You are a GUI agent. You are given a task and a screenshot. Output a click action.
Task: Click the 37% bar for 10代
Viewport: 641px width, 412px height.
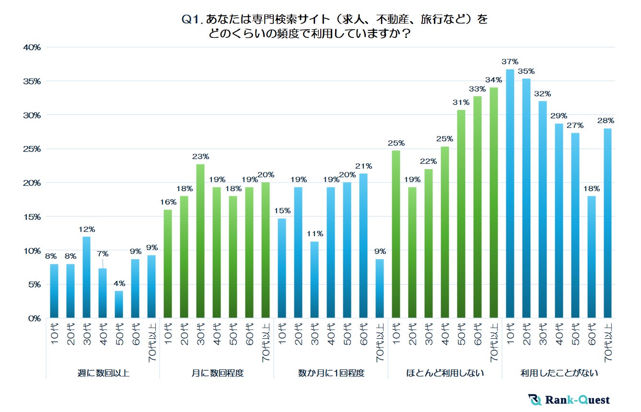[510, 194]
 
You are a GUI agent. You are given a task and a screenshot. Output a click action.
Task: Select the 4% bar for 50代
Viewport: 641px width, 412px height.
[119, 304]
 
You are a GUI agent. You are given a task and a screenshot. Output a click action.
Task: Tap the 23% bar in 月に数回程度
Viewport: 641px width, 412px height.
[200, 241]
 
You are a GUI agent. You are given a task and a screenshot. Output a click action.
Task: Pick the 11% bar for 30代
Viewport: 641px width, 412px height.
[315, 280]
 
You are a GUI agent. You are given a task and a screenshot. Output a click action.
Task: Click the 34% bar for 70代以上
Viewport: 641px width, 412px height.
[494, 203]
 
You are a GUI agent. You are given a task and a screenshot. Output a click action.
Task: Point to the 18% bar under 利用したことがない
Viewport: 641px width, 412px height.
[592, 257]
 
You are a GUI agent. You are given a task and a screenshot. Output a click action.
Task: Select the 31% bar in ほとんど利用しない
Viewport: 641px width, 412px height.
[461, 214]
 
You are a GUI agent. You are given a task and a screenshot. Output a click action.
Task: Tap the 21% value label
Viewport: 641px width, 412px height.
[363, 166]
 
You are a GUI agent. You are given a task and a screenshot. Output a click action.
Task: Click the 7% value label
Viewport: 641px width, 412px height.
[103, 254]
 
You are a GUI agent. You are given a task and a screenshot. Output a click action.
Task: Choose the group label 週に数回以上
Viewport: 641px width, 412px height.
[103, 373]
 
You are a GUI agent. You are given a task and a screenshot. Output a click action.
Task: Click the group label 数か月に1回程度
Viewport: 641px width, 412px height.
[331, 373]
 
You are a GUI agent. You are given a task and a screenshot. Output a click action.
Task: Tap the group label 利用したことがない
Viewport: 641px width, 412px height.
[559, 373]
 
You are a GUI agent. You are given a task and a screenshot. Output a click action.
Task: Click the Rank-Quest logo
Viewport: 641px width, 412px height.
[569, 400]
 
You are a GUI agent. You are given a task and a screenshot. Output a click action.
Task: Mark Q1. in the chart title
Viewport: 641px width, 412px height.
[192, 20]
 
